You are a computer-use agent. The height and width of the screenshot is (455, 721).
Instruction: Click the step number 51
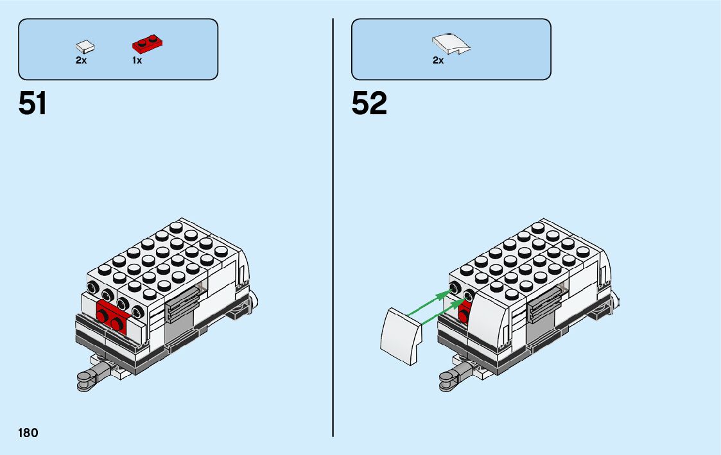pyautogui.click(x=33, y=104)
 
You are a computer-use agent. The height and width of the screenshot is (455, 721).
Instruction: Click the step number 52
pyautogui.click(x=369, y=104)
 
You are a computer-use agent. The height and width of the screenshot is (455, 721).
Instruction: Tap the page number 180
pyautogui.click(x=28, y=433)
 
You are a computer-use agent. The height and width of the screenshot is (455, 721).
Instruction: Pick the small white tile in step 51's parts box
pyautogui.click(x=85, y=46)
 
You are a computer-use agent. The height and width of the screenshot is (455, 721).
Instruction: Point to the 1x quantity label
pyautogui.click(x=137, y=60)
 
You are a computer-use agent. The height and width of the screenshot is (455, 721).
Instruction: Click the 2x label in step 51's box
pyautogui.click(x=81, y=60)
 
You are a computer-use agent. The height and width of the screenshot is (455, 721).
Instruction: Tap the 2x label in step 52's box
pyautogui.click(x=438, y=60)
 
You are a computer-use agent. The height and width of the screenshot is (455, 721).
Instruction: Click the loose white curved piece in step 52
pyautogui.click(x=401, y=336)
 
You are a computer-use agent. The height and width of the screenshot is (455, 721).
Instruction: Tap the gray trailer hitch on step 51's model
pyautogui.click(x=87, y=381)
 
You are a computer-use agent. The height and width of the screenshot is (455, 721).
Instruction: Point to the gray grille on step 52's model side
pyautogui.click(x=543, y=305)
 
